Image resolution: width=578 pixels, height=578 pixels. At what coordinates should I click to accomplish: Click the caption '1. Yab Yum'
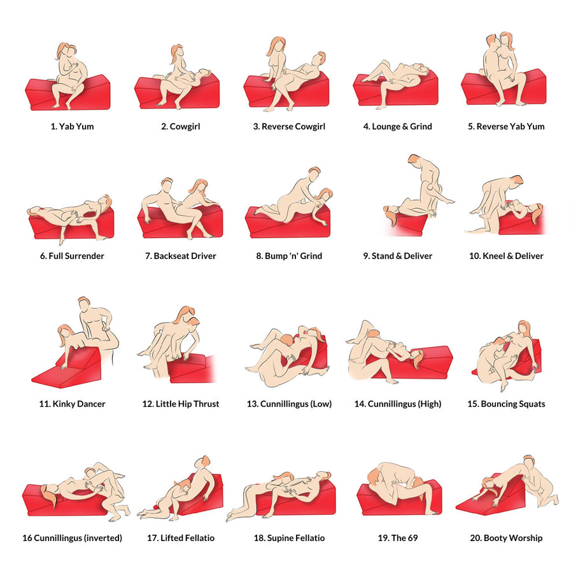(73, 127)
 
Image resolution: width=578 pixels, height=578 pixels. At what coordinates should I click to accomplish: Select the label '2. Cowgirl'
(181, 127)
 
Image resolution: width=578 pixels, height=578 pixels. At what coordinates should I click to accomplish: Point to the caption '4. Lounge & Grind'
(397, 127)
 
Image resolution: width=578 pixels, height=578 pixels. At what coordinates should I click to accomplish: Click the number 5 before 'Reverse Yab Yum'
(470, 127)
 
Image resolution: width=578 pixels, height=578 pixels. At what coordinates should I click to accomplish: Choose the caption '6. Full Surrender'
(73, 256)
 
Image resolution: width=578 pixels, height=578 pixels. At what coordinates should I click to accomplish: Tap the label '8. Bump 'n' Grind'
(289, 256)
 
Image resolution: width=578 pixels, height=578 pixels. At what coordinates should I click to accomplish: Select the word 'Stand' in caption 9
(383, 256)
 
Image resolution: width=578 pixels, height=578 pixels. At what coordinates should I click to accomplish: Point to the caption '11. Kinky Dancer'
(73, 404)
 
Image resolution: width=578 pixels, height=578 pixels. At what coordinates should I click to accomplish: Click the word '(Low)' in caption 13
(321, 404)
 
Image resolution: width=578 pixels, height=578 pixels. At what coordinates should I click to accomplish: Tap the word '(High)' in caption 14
(430, 404)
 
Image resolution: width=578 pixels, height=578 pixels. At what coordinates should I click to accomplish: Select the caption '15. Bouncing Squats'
(506, 404)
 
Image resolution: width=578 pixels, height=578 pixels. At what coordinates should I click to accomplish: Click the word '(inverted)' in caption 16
(103, 538)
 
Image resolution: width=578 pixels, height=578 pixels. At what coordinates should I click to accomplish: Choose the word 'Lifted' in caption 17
(172, 538)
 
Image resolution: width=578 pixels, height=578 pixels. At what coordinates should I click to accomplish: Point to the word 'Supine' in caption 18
(279, 538)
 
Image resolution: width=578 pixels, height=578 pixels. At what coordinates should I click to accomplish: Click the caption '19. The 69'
(398, 538)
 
